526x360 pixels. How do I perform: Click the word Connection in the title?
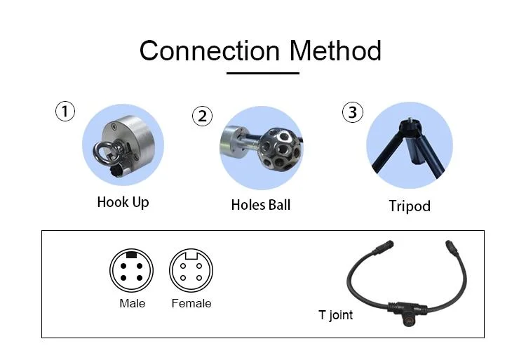click(209, 51)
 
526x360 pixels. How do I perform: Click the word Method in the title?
click(335, 51)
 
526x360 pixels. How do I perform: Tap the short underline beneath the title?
click(262, 72)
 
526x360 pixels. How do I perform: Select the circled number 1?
click(65, 111)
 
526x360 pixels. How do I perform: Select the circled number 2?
click(203, 116)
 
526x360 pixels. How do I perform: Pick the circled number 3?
click(352, 112)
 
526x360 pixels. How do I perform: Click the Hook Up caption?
click(123, 202)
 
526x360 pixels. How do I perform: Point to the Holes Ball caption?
click(260, 205)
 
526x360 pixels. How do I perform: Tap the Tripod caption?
click(410, 206)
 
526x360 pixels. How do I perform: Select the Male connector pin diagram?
click(131, 270)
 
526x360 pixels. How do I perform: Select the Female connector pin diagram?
click(191, 270)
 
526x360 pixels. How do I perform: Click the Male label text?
click(132, 303)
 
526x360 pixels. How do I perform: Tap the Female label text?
click(191, 303)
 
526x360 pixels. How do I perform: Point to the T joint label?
click(335, 315)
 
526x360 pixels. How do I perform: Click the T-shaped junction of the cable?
click(405, 309)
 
